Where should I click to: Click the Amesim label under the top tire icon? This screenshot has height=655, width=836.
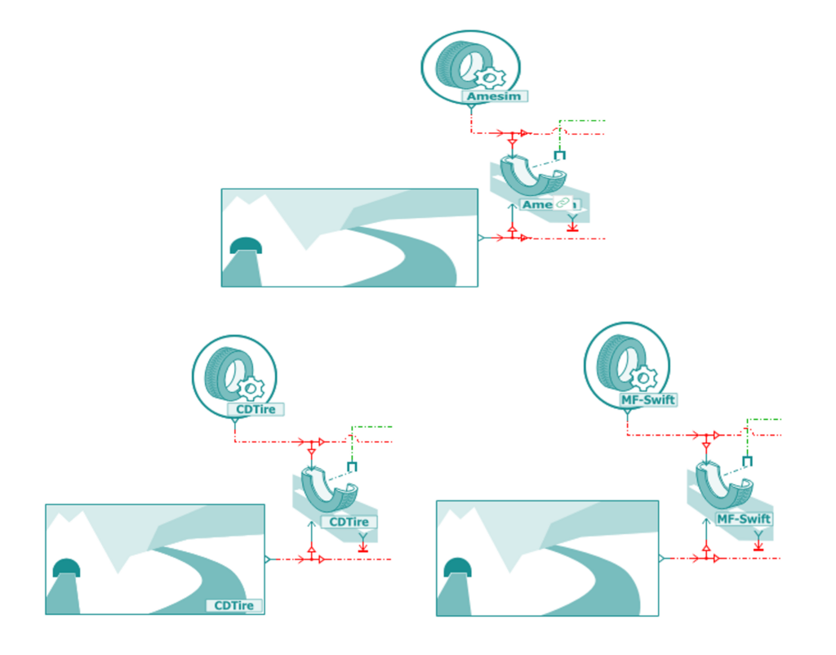click(x=495, y=96)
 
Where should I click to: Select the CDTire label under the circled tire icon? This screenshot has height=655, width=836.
click(x=256, y=409)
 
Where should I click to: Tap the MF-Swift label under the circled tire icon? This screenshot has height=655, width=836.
click(x=649, y=400)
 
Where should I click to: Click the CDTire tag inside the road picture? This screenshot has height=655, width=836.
click(x=235, y=605)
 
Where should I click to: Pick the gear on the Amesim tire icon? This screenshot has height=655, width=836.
click(x=490, y=78)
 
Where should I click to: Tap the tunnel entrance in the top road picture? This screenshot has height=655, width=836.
click(x=245, y=246)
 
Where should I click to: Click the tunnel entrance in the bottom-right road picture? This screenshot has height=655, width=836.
click(x=457, y=567)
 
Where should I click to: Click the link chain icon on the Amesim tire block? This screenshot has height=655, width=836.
click(x=562, y=203)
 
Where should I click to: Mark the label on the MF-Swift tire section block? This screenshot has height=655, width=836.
click(x=743, y=519)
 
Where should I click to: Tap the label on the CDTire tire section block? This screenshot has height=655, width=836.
click(x=349, y=522)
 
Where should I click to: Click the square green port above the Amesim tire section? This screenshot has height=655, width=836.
click(x=559, y=154)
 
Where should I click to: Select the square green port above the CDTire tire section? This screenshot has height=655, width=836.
click(x=352, y=466)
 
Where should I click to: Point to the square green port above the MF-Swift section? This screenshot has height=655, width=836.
click(x=747, y=461)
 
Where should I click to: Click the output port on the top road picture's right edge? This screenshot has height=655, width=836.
click(x=481, y=238)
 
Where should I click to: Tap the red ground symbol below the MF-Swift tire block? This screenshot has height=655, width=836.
click(x=758, y=546)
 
